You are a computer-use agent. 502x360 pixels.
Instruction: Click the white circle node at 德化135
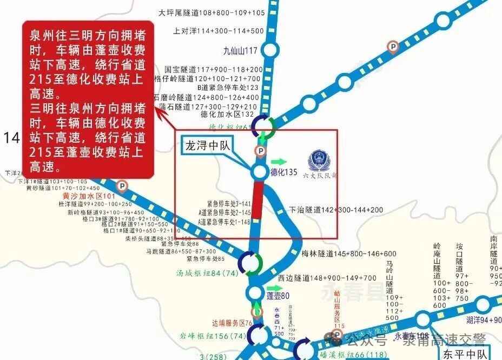tap(259, 172)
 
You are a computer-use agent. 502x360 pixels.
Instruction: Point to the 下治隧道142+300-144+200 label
tap(336, 210)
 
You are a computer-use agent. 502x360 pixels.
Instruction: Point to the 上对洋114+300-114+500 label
tap(219, 31)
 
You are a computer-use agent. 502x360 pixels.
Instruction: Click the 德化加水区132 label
tap(227, 115)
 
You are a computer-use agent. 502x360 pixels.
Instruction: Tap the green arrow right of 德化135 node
tap(279, 162)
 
